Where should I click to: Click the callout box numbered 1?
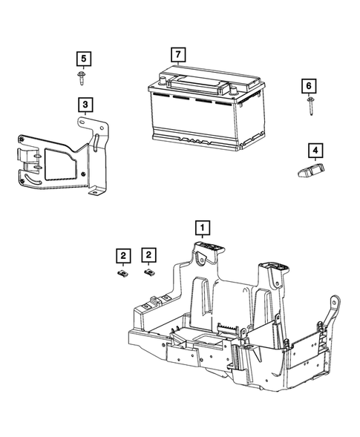(203, 226)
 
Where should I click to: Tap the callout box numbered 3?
(86, 103)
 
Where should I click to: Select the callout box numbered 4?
(316, 152)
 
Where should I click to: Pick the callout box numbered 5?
(84, 57)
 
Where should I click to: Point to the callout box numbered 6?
(308, 86)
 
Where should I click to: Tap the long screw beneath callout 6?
(308, 106)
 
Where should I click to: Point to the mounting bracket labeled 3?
(59, 160)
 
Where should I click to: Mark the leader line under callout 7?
(178, 64)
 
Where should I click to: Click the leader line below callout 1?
(203, 237)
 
